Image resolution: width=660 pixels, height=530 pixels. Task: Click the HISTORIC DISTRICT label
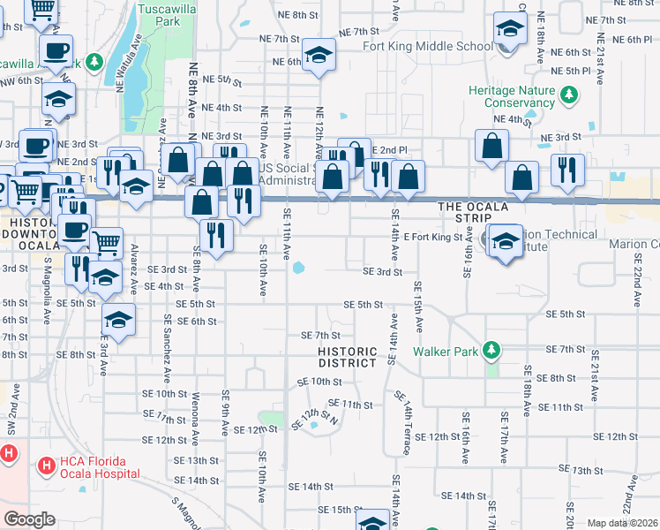point(347,358)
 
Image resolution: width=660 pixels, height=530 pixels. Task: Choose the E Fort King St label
point(433,238)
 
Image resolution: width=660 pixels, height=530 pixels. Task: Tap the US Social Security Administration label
point(288,175)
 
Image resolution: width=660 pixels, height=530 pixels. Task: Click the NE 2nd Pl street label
point(389,150)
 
